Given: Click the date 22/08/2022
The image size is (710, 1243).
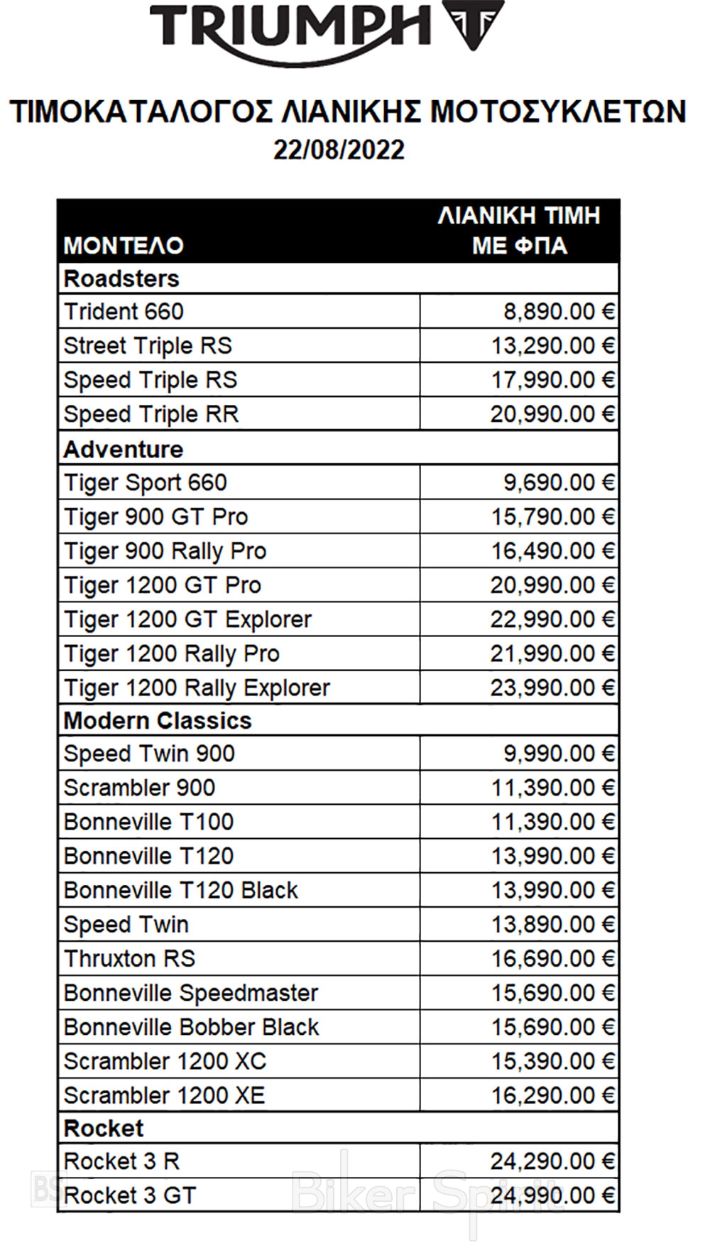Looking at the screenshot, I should tap(339, 150).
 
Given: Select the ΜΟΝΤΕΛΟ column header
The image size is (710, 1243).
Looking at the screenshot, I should tap(124, 246).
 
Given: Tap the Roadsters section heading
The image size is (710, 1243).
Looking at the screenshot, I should tap(121, 278).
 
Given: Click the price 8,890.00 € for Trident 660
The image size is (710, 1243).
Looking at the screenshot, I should tap(559, 312).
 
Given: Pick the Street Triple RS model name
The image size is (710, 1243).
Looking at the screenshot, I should tap(148, 346).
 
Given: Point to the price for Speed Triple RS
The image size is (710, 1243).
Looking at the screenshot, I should tap(553, 380).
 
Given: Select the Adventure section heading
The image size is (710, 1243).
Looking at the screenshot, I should tap(124, 449).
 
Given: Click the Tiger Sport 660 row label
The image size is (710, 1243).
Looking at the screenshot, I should tap(146, 483).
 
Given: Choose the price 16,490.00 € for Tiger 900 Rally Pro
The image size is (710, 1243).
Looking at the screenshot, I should tap(553, 551).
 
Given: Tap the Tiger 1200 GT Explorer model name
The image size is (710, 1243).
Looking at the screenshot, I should tap(188, 619).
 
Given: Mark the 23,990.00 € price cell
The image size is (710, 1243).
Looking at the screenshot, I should tap(552, 688).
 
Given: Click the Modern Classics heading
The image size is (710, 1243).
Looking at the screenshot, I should tap(158, 721).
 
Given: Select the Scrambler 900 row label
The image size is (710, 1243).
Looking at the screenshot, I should tap(139, 788).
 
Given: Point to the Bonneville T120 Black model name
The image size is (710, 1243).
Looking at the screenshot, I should tap(181, 890).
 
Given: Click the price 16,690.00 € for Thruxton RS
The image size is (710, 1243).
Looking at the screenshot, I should tap(553, 959).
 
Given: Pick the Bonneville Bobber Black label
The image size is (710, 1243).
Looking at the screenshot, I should tap(192, 1027).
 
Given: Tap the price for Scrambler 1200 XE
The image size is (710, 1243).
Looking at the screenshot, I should tap(553, 1095).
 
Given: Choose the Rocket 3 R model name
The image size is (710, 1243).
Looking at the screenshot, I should tap(121, 1161).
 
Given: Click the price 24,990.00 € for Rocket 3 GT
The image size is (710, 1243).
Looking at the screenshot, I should tap(552, 1195).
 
